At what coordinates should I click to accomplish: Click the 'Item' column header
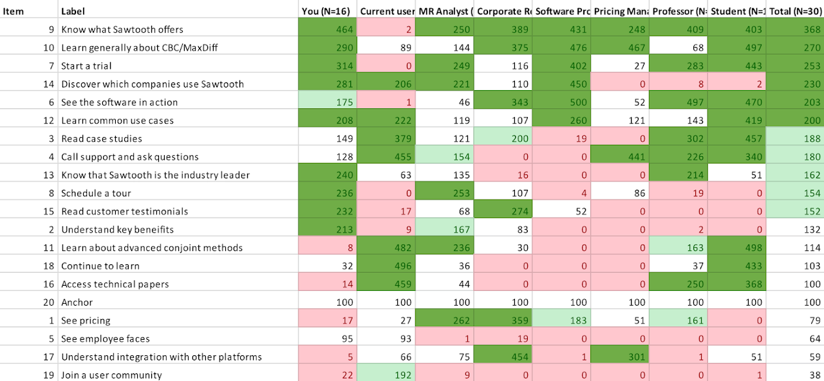[x=14, y=11]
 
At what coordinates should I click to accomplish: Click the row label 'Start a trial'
[x=86, y=66]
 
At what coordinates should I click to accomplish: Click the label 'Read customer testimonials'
[x=124, y=211]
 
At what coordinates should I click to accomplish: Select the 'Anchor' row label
[x=77, y=302]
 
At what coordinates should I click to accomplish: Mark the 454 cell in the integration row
[x=515, y=357]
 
